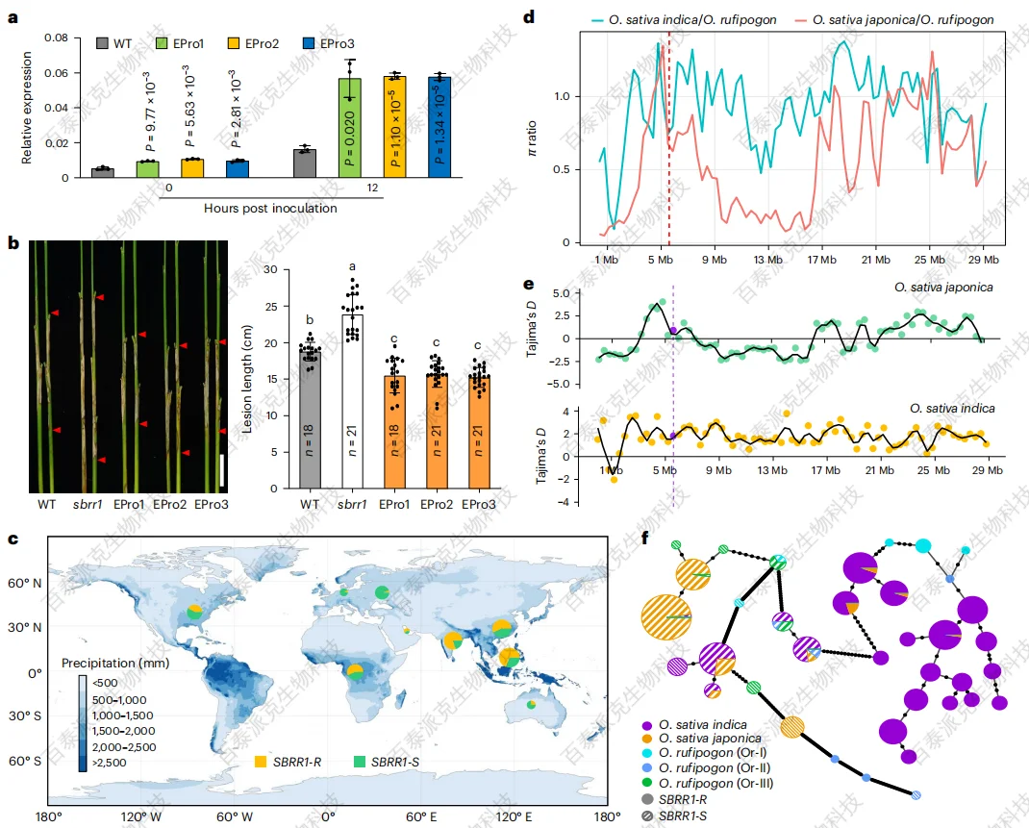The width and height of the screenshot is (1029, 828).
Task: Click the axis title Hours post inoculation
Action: pyautogui.click(x=270, y=208)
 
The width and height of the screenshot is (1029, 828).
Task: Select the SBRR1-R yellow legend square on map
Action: pyautogui.click(x=261, y=761)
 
